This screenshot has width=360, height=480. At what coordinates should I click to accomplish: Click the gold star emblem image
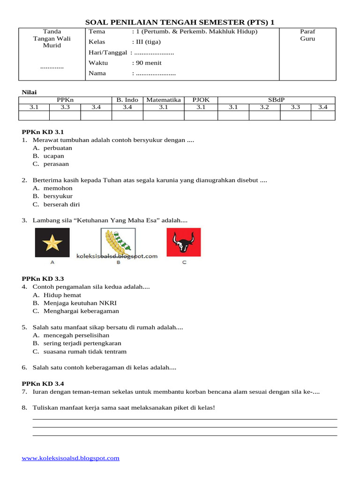point(52,242)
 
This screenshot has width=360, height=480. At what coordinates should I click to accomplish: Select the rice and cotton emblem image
point(118,242)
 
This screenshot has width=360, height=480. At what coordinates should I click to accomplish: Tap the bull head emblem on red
point(184,242)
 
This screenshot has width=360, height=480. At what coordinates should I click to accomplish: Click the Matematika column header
point(163,100)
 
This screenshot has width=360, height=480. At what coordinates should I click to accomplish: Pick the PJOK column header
point(201,100)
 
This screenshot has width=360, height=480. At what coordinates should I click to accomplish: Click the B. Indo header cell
point(127,100)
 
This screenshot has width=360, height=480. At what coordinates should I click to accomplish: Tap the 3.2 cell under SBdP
point(264,107)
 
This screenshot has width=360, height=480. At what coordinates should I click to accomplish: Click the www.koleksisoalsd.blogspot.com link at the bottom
point(71,458)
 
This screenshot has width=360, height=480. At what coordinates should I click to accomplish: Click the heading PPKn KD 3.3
point(43,278)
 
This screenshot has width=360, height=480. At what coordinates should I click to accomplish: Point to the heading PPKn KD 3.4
point(43,383)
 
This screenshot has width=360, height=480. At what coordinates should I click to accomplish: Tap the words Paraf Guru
point(307,35)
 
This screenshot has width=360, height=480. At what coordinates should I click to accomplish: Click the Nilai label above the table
point(30,92)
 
